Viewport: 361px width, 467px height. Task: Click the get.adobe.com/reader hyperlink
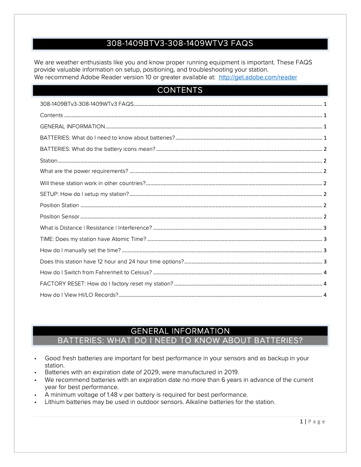coord(257,77)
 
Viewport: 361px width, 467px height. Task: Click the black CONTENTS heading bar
coord(180,91)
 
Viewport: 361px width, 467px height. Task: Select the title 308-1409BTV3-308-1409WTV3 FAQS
coord(180,44)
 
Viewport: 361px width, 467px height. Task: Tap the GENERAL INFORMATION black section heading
coord(180,331)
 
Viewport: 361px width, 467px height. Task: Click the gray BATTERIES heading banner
coord(180,340)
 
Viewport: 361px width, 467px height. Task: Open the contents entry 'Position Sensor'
coord(59,217)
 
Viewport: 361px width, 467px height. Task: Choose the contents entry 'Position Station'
coord(59,205)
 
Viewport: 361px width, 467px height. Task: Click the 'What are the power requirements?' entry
coord(84,171)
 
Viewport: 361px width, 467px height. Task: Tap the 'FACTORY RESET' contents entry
coord(106,284)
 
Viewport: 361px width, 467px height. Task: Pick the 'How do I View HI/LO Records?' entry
coord(79,295)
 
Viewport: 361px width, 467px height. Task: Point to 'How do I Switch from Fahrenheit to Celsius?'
coord(96,272)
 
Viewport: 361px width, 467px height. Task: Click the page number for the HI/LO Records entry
coord(325,295)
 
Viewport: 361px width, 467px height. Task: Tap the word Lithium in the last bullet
coord(55,402)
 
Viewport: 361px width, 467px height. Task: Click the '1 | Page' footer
coord(312,422)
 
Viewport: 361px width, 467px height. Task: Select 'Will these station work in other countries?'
coord(92,183)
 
